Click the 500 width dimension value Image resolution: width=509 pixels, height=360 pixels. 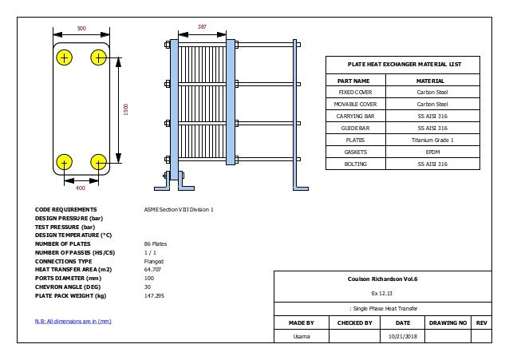pyautogui.click(x=81, y=28)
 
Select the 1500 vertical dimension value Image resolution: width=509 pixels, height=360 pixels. pyautogui.click(x=125, y=108)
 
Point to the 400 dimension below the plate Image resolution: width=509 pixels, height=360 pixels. pyautogui.click(x=80, y=188)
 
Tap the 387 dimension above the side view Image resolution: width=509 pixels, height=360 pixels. pyautogui.click(x=202, y=26)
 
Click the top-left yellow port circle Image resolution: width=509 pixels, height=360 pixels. pyautogui.click(x=64, y=57)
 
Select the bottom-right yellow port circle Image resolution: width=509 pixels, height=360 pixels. pyautogui.click(x=99, y=162)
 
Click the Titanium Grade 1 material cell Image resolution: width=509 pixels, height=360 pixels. pyautogui.click(x=432, y=139)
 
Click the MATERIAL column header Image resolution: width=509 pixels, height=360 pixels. pyautogui.click(x=432, y=81)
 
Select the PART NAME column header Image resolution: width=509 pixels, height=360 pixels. pyautogui.click(x=353, y=81)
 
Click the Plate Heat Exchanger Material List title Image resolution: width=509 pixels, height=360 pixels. pyautogui.click(x=404, y=65)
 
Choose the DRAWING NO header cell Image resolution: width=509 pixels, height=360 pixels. pyautogui.click(x=448, y=323)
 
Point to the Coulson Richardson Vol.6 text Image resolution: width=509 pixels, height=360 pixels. pyautogui.click(x=381, y=279)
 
